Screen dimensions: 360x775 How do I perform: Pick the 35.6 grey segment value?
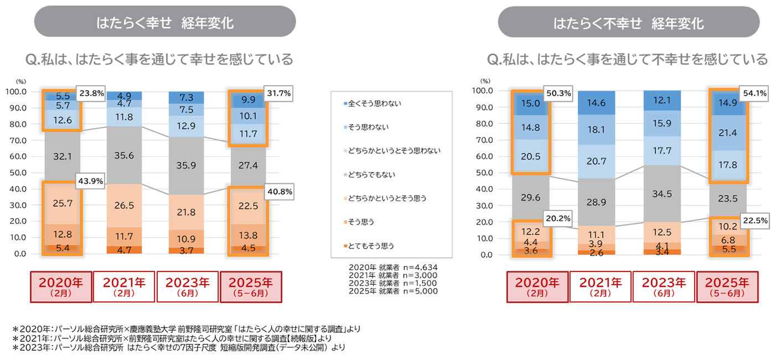tap(124, 156)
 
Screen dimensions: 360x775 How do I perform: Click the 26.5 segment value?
tap(124, 206)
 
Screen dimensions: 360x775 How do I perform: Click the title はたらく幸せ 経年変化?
tap(165, 23)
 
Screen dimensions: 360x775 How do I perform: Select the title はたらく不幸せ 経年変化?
tap(629, 23)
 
